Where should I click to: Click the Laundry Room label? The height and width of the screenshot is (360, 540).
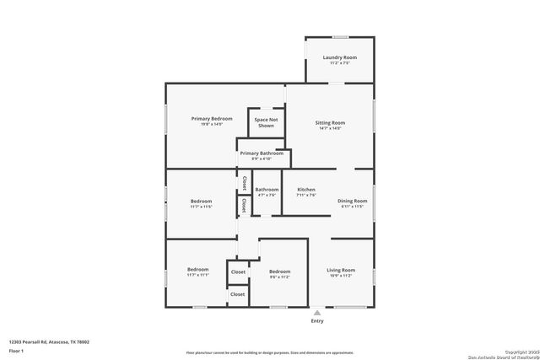[339, 57]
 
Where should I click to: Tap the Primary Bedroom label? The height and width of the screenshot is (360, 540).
[211, 119]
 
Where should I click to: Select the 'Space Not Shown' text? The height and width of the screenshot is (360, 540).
[266, 122]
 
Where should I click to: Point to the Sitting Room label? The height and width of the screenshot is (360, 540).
[330, 123]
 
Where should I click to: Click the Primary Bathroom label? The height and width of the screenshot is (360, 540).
[261, 153]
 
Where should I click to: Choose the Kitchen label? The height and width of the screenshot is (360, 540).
[305, 190]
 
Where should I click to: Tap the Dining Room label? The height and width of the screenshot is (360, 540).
[353, 201]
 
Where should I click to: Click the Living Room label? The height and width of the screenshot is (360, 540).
[341, 270]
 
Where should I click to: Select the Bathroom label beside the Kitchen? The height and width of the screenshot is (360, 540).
[267, 190]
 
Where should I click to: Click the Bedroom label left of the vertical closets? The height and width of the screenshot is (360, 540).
[201, 201]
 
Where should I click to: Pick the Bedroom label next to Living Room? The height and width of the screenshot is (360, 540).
[279, 271]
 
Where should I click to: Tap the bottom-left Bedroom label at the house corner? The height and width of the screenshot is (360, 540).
[198, 270]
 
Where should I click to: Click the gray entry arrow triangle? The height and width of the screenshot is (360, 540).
[317, 312]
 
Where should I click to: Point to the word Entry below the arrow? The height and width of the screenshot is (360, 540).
[317, 320]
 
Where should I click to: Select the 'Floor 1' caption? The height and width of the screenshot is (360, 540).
[16, 350]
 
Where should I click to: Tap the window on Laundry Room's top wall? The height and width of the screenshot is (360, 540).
[339, 37]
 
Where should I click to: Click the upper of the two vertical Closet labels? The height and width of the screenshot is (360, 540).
[245, 181]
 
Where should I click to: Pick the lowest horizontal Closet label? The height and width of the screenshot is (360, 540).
[238, 294]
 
